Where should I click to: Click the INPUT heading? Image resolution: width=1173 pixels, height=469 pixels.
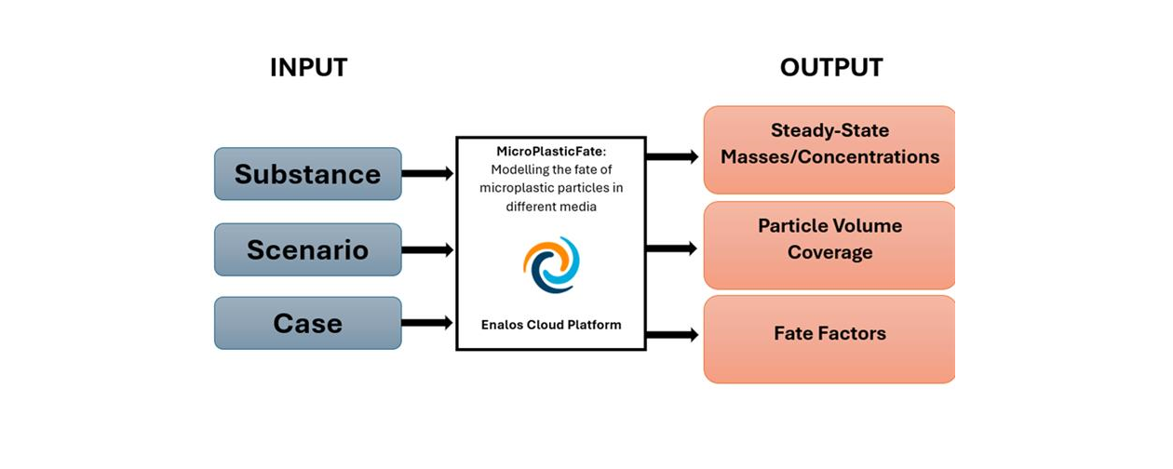point(308,68)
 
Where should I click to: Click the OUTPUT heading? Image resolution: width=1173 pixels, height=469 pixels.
point(831,68)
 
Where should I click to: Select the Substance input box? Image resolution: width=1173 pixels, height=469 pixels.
point(308,174)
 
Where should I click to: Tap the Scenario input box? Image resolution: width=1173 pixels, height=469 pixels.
point(308,249)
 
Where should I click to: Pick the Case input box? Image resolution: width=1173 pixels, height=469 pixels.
point(308,323)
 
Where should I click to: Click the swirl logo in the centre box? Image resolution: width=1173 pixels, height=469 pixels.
point(551,264)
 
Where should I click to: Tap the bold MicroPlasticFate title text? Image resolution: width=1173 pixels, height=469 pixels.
point(551,150)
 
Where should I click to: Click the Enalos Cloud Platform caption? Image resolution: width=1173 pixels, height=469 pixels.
point(551,325)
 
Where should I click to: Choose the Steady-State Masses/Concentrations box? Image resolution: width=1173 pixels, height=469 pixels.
point(829,150)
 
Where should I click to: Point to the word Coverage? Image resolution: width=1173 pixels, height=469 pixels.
point(829,252)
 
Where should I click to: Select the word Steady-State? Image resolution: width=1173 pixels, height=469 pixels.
point(829,131)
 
